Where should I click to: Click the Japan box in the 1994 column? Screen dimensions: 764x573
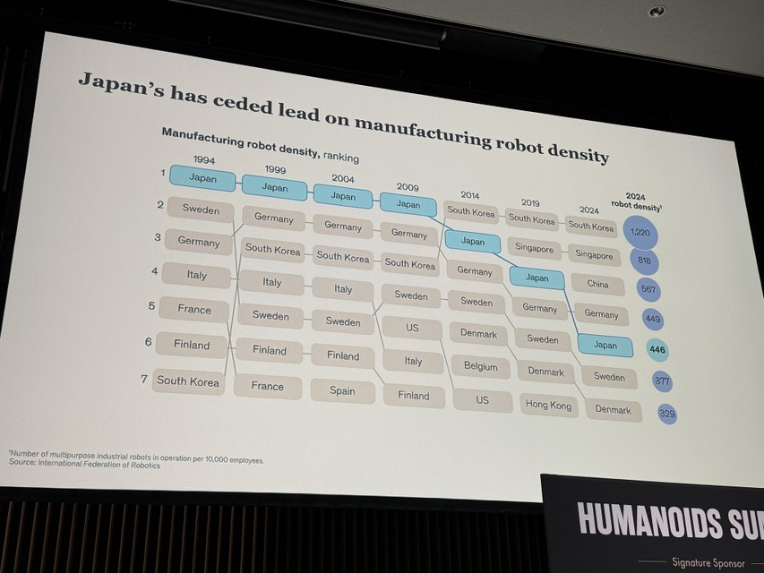(x=202, y=177)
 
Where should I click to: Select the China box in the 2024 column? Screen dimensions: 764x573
(x=597, y=284)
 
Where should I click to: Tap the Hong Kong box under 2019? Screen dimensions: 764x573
(x=549, y=405)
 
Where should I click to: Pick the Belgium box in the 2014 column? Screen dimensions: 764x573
(x=480, y=366)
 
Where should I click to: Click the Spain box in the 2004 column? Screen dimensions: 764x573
(x=342, y=390)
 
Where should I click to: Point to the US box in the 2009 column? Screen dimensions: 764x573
(x=412, y=328)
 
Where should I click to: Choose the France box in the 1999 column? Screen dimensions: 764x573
(x=268, y=386)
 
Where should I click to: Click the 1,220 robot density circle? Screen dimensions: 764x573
(x=640, y=233)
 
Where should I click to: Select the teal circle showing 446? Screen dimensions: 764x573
(x=657, y=350)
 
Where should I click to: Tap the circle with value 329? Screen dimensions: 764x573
(x=667, y=414)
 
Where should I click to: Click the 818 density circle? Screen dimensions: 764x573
(x=644, y=261)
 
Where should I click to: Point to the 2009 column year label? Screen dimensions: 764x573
(x=408, y=186)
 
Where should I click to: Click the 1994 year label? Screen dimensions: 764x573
(x=203, y=159)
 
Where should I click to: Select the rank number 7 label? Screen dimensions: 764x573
(x=144, y=379)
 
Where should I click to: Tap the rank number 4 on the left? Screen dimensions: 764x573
(x=154, y=270)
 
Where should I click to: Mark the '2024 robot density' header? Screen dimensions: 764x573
(x=636, y=201)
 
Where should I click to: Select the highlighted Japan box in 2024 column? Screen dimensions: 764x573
(x=605, y=345)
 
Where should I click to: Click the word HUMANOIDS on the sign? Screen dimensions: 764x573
(x=650, y=521)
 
